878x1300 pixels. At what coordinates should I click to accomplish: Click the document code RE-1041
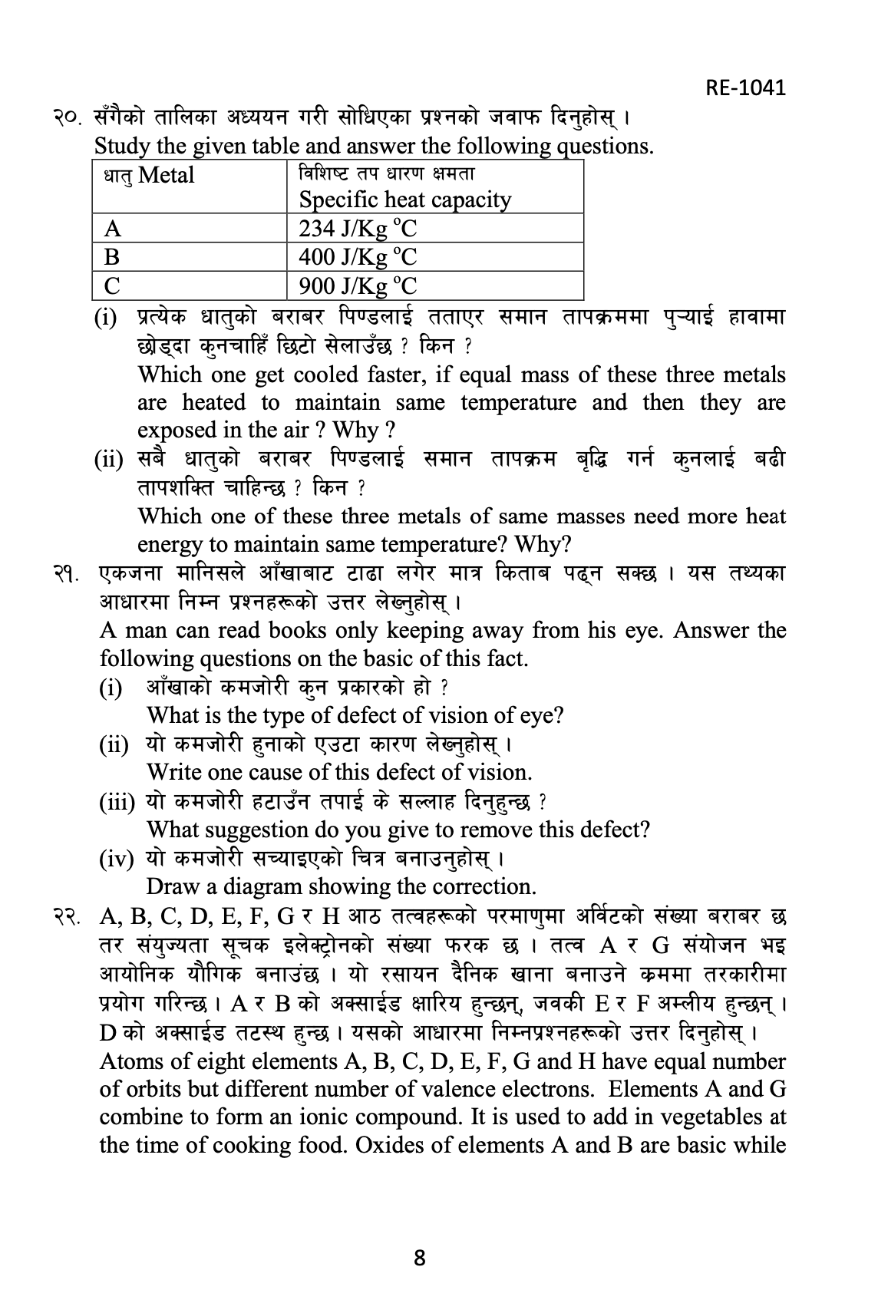click(745, 87)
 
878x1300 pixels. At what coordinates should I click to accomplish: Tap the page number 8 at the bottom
click(419, 1258)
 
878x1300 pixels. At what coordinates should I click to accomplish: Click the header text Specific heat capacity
click(404, 200)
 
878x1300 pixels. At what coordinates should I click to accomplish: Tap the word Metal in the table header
click(167, 176)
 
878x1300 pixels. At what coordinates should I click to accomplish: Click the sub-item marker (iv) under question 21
click(116, 858)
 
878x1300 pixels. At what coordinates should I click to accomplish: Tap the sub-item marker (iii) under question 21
click(117, 802)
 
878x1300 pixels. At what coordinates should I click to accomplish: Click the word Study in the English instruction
click(121, 146)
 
